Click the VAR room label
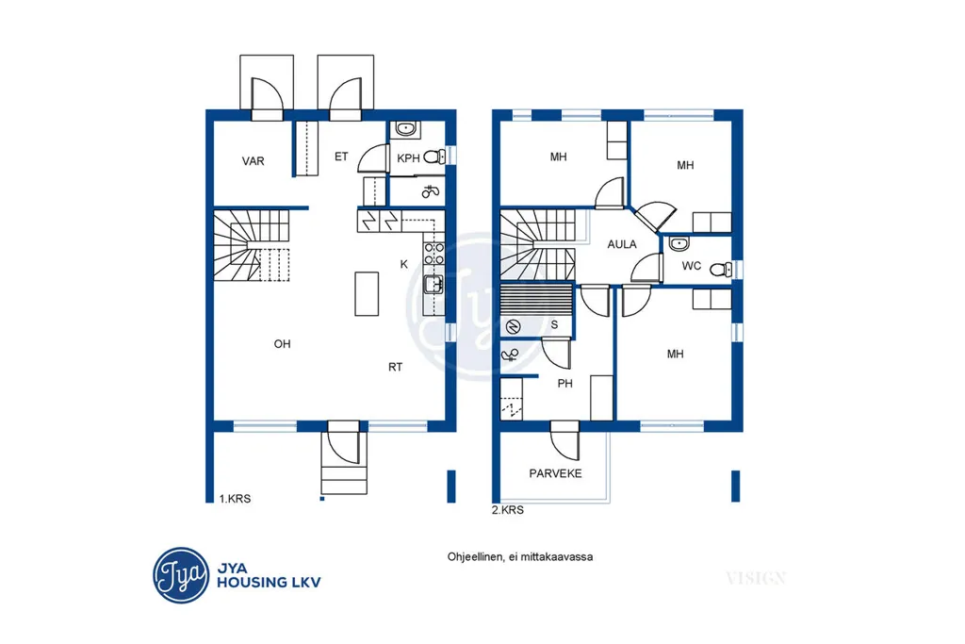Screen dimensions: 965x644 (x=253, y=161)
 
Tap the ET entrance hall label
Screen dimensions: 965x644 (x=341, y=157)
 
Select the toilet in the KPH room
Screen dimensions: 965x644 (x=434, y=157)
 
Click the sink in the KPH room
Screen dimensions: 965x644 (x=405, y=128)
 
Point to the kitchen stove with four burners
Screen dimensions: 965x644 (x=433, y=253)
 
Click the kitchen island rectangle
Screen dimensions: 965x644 (x=367, y=293)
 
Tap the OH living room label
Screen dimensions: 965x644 (x=282, y=344)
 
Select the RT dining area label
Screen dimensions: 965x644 (x=395, y=367)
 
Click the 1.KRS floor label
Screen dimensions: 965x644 (x=235, y=499)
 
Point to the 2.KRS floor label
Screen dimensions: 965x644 (x=508, y=510)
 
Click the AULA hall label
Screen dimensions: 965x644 (x=622, y=244)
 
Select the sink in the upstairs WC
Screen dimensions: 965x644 (x=679, y=244)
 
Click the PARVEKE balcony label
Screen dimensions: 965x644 (x=555, y=473)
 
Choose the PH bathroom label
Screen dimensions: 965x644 (x=565, y=384)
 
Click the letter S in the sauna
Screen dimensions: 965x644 (x=554, y=324)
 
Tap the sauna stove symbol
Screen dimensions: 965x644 (x=514, y=326)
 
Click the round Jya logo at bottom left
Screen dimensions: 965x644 (x=181, y=576)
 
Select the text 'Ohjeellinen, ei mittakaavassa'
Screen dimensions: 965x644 (x=520, y=557)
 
